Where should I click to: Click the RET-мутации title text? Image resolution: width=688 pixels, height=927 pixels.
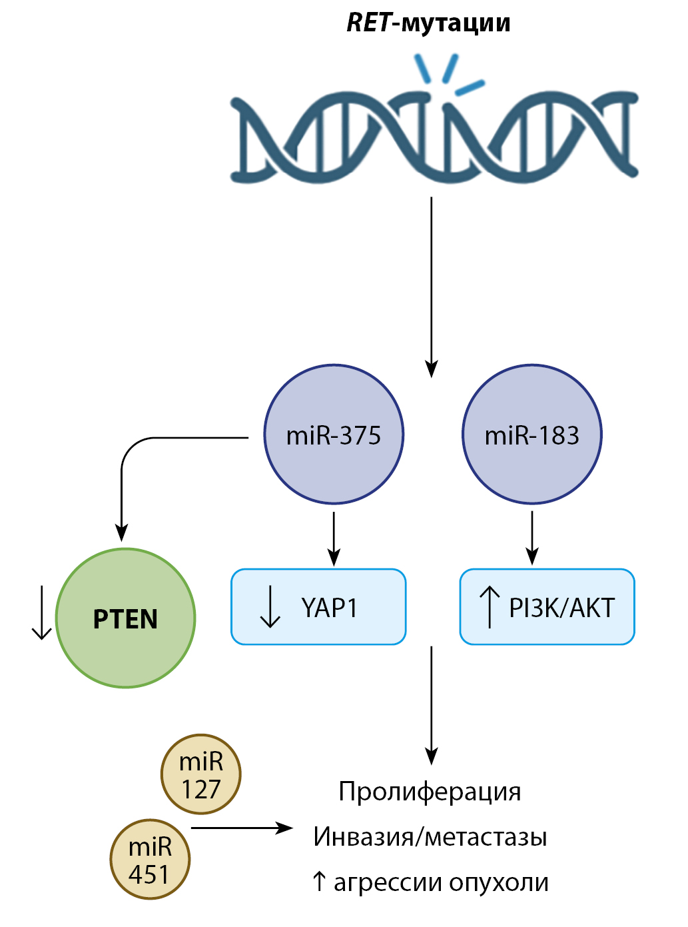point(428,23)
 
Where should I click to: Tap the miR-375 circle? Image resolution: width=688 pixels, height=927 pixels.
point(334,435)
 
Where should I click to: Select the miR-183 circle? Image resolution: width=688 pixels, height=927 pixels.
point(532,435)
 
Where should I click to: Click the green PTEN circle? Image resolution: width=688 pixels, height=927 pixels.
point(126,618)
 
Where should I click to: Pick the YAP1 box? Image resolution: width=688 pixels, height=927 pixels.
point(318,607)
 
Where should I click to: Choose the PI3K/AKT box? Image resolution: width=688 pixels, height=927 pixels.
point(547,607)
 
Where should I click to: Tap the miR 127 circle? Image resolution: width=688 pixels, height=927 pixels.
point(200,774)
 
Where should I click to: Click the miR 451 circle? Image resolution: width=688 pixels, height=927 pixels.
point(150,860)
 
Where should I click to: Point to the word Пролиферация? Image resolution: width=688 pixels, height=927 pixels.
point(430,792)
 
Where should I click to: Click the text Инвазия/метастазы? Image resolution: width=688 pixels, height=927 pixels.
point(430,836)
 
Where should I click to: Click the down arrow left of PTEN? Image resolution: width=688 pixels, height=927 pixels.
point(42,612)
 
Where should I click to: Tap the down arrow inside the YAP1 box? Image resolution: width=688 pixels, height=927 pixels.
point(270,607)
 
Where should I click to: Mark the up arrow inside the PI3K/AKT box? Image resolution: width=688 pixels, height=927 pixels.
point(490,607)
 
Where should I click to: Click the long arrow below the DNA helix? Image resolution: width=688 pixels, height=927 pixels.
point(432,287)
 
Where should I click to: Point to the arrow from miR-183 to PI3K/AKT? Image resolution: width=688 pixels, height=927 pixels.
point(532,537)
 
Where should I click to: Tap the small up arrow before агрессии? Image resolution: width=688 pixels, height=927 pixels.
point(319,882)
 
